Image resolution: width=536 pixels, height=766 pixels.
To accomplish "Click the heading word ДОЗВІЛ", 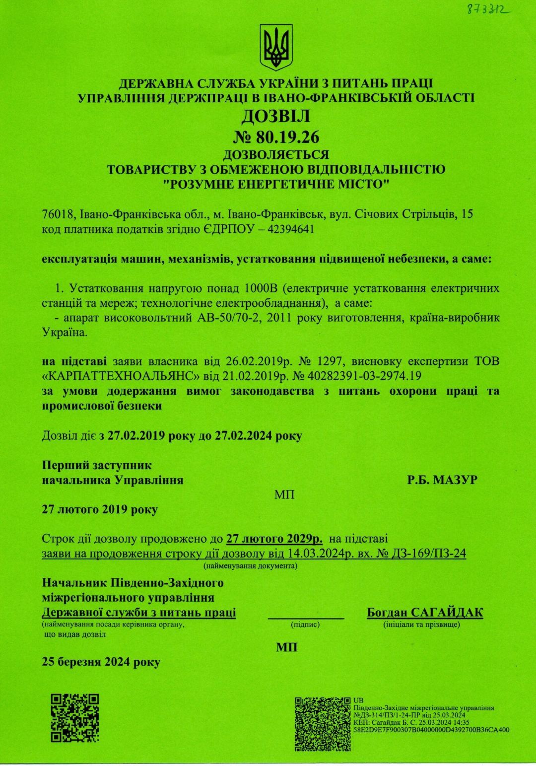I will click(276, 116).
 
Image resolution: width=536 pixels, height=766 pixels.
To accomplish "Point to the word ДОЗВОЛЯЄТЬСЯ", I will click(276, 154).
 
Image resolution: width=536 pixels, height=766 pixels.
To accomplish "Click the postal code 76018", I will click(57, 214).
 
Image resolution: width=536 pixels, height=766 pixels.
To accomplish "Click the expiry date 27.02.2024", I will click(243, 436).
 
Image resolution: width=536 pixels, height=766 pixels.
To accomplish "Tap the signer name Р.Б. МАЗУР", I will click(442, 480).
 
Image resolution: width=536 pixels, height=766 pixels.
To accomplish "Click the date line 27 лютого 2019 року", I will click(100, 509).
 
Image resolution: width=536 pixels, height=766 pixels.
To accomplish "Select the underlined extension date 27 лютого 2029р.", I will click(274, 539).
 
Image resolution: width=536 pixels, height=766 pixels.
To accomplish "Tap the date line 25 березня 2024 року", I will click(101, 662).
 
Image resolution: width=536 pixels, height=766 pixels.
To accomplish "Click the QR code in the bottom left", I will click(75, 717).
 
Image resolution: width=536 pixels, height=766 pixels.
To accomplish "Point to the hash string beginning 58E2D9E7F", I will click(431, 730).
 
